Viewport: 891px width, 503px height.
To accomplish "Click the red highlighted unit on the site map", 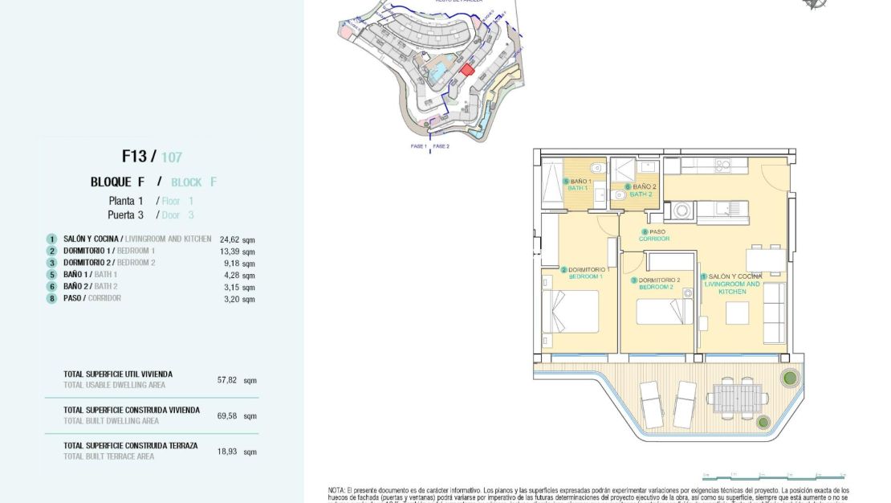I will [x=467, y=70].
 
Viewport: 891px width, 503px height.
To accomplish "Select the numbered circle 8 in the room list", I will [x=51, y=298].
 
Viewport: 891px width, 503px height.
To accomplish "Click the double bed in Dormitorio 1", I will [x=572, y=312].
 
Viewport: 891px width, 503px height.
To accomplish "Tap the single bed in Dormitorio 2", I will [x=665, y=312].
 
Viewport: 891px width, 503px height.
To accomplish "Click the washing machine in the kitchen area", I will [x=681, y=211].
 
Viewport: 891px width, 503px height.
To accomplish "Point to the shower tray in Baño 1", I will [x=552, y=185].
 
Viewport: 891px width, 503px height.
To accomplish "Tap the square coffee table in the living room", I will [x=737, y=313].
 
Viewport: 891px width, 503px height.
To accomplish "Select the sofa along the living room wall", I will [x=775, y=312].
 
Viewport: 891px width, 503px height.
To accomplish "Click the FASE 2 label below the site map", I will [x=441, y=147].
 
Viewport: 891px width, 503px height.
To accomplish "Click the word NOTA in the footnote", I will [x=336, y=490].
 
